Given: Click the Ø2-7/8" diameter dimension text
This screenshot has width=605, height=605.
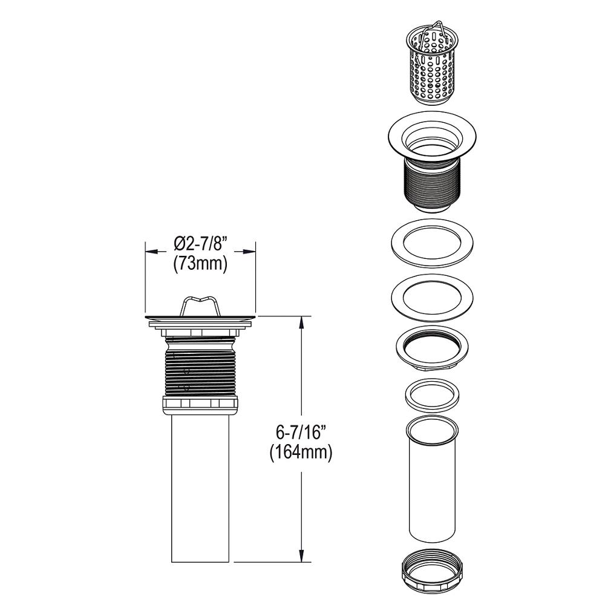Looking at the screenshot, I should (x=200, y=244).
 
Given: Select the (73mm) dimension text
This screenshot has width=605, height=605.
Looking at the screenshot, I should (x=200, y=264).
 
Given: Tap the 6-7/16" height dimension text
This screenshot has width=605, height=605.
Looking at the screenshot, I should (x=301, y=433).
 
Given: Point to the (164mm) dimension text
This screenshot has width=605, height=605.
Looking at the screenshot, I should (x=301, y=453).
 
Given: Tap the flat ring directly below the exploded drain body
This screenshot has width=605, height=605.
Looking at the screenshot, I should (x=431, y=243).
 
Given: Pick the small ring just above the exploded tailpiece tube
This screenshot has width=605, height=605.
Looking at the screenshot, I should (x=431, y=396).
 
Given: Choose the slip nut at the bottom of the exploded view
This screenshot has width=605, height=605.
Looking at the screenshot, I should (x=431, y=572).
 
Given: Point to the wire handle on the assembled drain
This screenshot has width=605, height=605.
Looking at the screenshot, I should (x=200, y=302).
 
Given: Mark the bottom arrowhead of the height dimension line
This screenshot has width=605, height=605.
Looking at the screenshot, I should (x=301, y=557).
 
